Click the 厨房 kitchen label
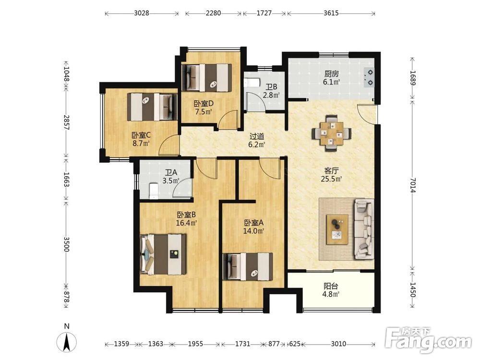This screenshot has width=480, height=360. (x=332, y=74)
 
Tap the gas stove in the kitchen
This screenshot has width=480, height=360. (x=369, y=77)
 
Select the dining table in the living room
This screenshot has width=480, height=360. (x=332, y=134)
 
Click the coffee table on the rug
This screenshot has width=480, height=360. (x=337, y=229)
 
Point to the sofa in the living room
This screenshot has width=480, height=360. (x=364, y=229)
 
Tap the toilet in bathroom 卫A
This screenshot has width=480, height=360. (x=153, y=191)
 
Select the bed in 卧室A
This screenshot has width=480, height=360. (x=248, y=266)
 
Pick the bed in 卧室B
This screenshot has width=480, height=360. (x=163, y=254)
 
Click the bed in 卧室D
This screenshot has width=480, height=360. (x=206, y=77)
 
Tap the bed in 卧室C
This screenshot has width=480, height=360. (x=153, y=107)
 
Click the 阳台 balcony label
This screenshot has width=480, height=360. (x=331, y=286)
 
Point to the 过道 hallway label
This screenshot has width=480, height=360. (x=257, y=136)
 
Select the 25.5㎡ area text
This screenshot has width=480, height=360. (x=331, y=179)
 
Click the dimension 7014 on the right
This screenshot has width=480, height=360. (x=413, y=185)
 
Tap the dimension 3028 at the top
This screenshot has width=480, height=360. (x=142, y=13)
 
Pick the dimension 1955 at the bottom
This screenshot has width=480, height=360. (x=195, y=344)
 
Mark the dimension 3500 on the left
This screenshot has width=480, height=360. (x=66, y=244)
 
